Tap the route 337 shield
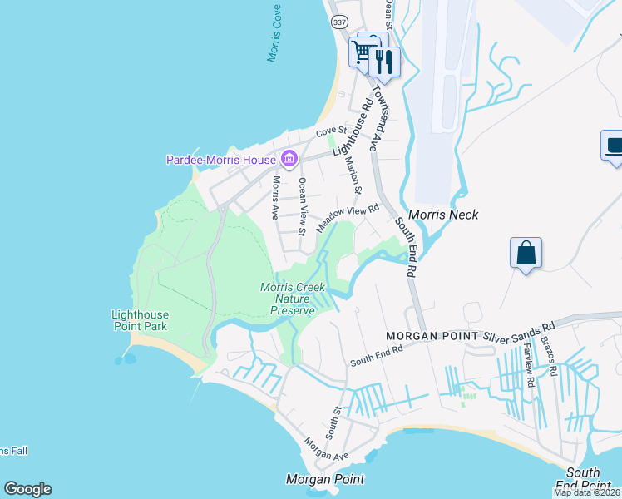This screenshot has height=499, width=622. pyautogui.click(x=338, y=22)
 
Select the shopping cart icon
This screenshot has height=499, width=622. pyautogui.click(x=363, y=52)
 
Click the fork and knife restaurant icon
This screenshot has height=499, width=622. pyautogui.click(x=383, y=61)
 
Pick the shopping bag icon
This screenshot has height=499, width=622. pyautogui.click(x=526, y=252)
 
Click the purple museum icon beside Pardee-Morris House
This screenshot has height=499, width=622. pyautogui.click(x=289, y=158)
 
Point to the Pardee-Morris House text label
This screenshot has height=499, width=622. pyautogui.click(x=222, y=160)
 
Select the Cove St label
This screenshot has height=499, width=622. pyautogui.click(x=329, y=132)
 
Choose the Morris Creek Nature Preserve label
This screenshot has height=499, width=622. pyautogui.click(x=289, y=299)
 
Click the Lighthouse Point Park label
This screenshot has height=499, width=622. pyautogui.click(x=140, y=320)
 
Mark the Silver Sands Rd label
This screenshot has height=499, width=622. pyautogui.click(x=520, y=330)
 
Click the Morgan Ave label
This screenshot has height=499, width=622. pyautogui.click(x=326, y=450)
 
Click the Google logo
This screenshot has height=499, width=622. pyautogui.click(x=27, y=489)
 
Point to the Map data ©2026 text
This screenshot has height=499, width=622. pyautogui.click(x=586, y=492)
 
